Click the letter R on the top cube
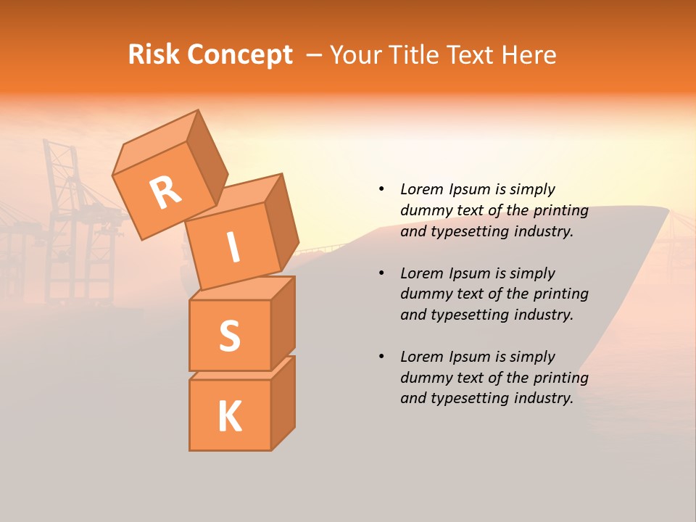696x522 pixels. (x=165, y=193)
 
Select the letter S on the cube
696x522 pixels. (x=229, y=336)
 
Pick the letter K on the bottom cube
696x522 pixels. (x=229, y=416)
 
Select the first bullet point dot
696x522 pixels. (x=381, y=189)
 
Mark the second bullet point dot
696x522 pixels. (x=381, y=273)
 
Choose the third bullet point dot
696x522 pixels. (x=381, y=357)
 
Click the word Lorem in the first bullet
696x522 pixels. (x=421, y=189)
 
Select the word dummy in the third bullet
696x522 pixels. (x=423, y=378)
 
